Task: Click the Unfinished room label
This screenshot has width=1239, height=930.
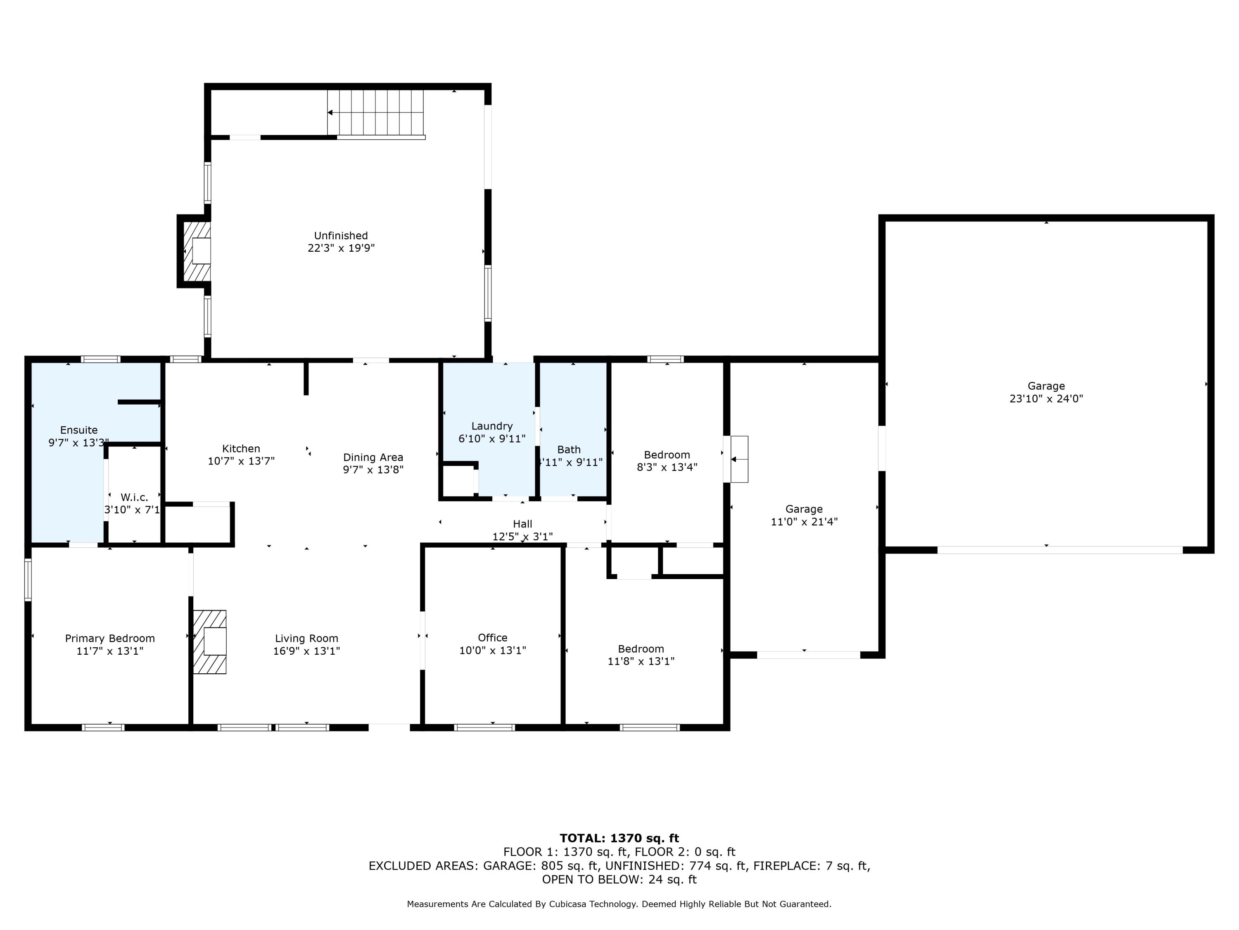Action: click(341, 236)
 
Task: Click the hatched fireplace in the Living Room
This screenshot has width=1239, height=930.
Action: click(209, 642)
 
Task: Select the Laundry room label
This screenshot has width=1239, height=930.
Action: click(492, 426)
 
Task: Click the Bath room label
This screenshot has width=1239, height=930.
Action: click(569, 450)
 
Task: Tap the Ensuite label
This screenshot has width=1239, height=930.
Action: click(79, 430)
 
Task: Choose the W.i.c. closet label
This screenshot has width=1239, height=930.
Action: click(134, 497)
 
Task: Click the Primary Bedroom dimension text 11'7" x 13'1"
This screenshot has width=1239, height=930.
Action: click(110, 651)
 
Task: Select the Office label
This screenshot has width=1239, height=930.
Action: click(492, 637)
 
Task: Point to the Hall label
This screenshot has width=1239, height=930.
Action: click(522, 524)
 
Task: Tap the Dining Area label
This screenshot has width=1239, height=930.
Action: click(373, 458)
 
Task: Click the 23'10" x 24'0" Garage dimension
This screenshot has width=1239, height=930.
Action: click(1046, 398)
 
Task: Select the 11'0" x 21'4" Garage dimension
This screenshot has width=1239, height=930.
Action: click(805, 521)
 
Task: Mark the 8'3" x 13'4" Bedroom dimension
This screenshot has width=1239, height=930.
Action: click(667, 467)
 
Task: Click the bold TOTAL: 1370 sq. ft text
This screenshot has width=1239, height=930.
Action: click(619, 838)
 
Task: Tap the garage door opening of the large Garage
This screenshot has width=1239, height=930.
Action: click(1060, 550)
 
